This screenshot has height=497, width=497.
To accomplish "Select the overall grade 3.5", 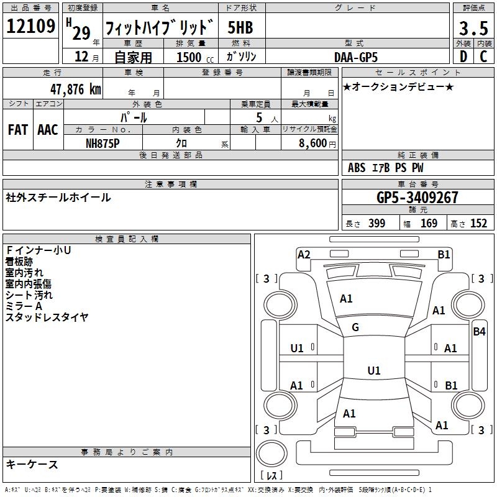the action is point(473,28).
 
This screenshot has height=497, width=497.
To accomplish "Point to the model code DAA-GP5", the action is point(355,57).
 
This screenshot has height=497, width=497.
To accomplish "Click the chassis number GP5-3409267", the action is point(417,198).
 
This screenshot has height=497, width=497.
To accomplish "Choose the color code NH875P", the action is point(103,142).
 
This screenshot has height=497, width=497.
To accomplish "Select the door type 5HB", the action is point(240,28).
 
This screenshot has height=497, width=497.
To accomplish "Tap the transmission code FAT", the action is point(17,130).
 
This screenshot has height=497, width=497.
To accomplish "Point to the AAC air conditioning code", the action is point(47,130).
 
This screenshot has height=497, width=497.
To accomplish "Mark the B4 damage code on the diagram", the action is point(479,332).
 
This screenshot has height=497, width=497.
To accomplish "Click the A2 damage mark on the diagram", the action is point(304,254).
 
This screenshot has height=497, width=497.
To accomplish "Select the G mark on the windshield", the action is point(355,327).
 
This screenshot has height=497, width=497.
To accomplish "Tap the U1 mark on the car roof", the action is point(373,371).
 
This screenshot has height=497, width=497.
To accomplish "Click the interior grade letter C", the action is point(483,57).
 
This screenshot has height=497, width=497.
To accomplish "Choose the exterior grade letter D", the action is point(463,57).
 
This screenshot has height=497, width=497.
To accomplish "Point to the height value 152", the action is point(478,224).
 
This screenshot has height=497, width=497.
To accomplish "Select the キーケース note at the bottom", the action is point(32,464).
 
